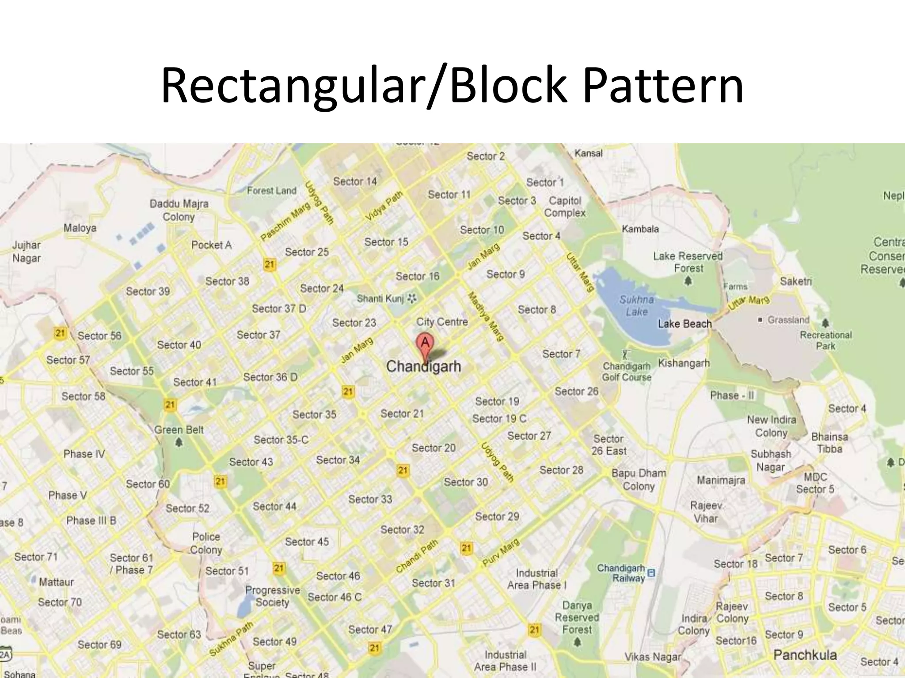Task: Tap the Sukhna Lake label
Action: [636, 305]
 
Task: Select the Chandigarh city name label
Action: [423, 366]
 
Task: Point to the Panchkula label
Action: [805, 655]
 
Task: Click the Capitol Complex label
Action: [565, 207]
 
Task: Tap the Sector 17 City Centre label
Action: [442, 322]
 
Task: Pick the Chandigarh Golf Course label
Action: [627, 372]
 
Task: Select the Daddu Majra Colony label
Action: [179, 210]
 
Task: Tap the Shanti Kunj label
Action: [380, 299]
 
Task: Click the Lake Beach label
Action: [684, 324]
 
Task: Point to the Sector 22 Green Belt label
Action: [179, 430]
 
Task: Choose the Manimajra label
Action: [721, 480]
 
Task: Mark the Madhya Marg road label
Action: [486, 316]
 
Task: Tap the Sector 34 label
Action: [338, 460]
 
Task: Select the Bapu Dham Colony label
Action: [639, 479]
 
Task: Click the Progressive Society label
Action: [272, 596]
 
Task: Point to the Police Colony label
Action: [206, 543]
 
